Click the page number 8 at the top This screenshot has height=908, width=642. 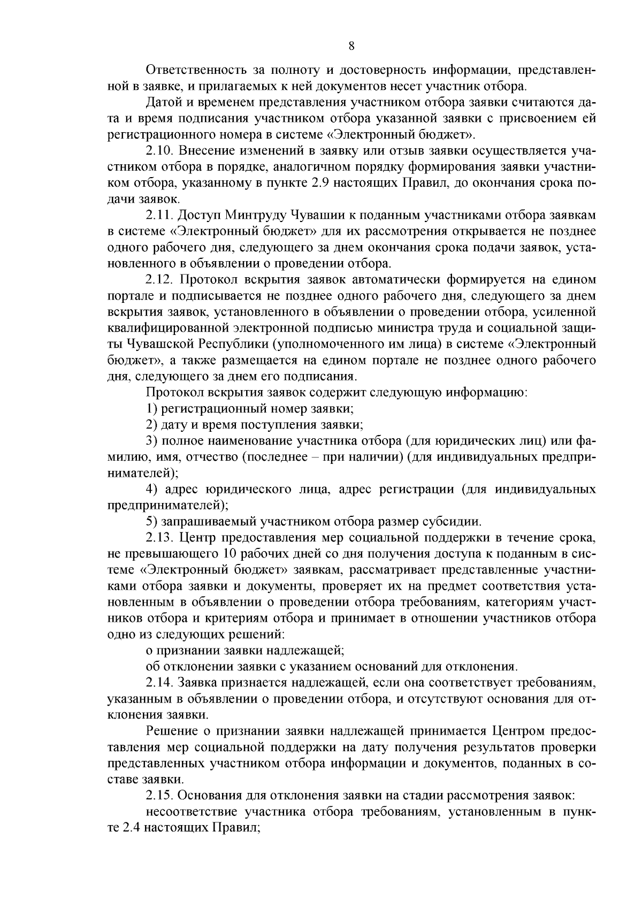[x=351, y=46]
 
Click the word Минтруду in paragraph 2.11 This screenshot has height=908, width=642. [x=254, y=215]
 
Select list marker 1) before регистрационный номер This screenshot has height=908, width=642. [x=151, y=409]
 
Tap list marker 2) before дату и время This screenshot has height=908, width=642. [x=151, y=425]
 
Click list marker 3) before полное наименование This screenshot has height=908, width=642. [x=151, y=441]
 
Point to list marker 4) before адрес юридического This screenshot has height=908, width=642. [x=151, y=489]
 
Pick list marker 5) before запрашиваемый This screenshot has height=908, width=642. [x=151, y=521]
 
